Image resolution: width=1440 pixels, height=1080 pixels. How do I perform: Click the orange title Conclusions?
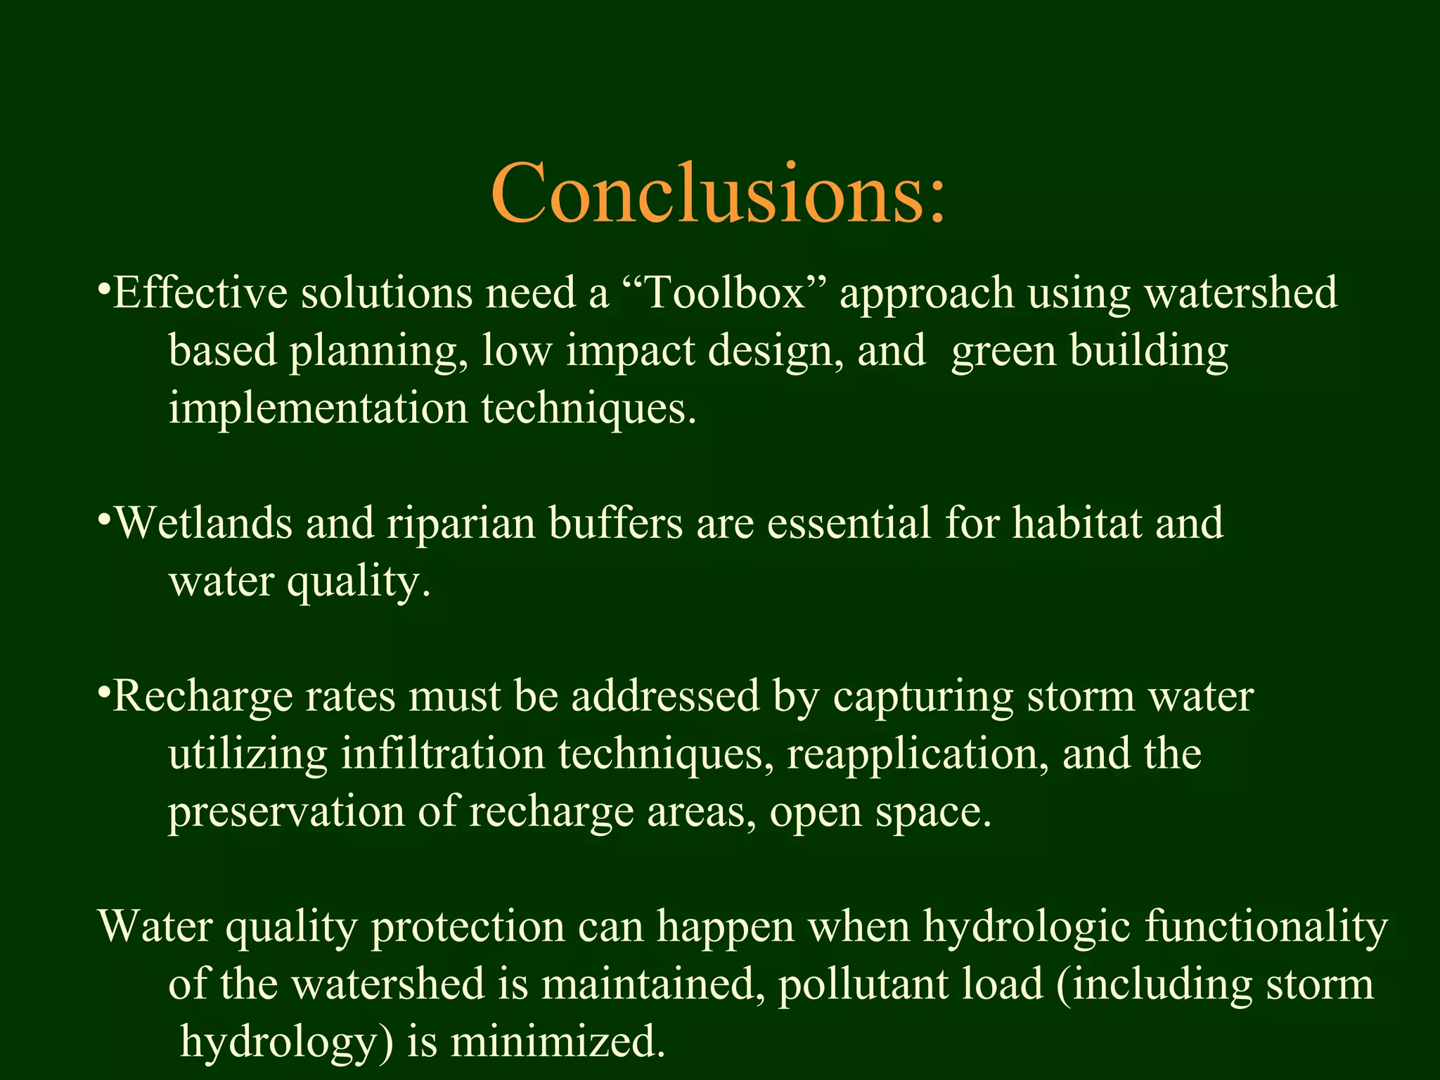coord(719,193)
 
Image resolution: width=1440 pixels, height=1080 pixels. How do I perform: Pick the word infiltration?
coord(443,754)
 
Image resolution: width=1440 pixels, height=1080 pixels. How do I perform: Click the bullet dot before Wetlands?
coord(104,521)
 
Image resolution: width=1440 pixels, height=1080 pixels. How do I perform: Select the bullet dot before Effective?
coord(104,290)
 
